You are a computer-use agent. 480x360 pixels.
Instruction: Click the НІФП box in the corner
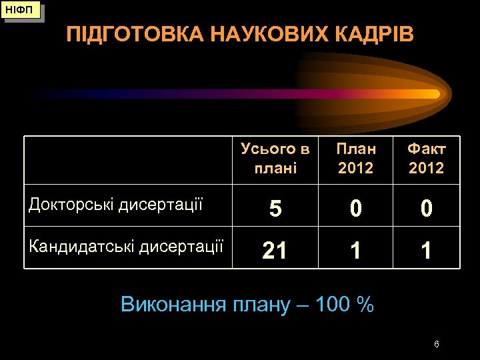22,11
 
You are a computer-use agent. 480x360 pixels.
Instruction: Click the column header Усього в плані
275,158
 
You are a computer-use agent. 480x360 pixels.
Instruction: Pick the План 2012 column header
356,158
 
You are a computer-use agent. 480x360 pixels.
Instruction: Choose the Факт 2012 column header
427,158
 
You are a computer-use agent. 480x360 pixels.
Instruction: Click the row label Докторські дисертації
115,205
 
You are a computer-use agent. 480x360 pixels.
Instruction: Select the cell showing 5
275,209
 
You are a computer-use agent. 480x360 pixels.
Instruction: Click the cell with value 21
275,251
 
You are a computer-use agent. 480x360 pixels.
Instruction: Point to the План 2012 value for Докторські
356,209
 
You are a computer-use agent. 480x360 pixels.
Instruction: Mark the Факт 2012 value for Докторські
427,209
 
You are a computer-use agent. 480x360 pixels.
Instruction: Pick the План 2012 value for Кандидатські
356,251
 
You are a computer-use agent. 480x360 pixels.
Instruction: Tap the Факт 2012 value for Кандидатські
427,251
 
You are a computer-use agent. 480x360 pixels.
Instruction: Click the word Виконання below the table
173,305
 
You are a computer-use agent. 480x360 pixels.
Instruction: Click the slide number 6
436,344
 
